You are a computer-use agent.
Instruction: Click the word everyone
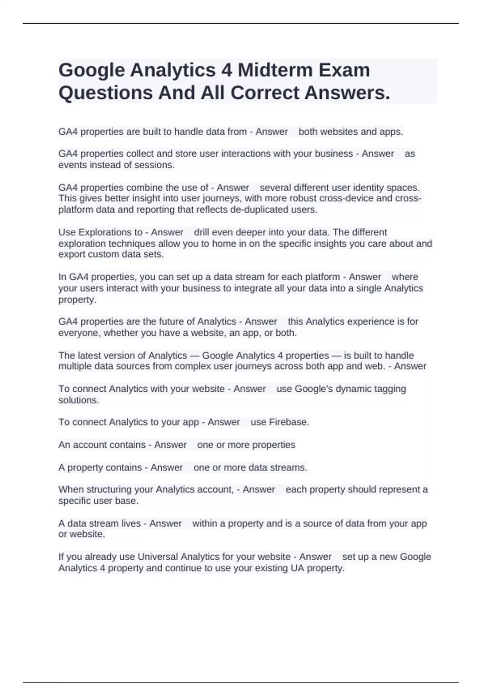[x=79, y=333]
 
